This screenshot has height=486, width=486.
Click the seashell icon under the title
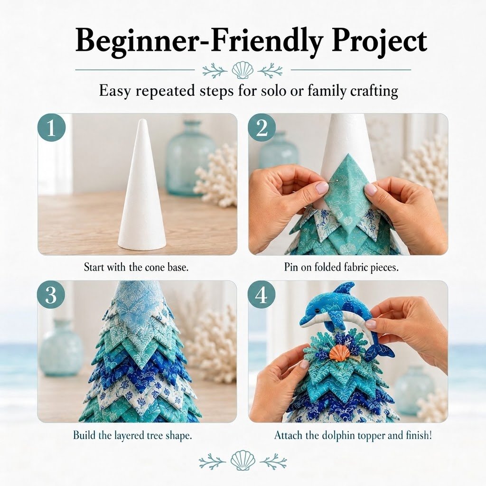tap(242, 70)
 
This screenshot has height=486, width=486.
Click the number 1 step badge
tap(51, 128)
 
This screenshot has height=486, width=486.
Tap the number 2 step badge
tap(262, 128)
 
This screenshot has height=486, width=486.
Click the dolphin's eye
tap(317, 310)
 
